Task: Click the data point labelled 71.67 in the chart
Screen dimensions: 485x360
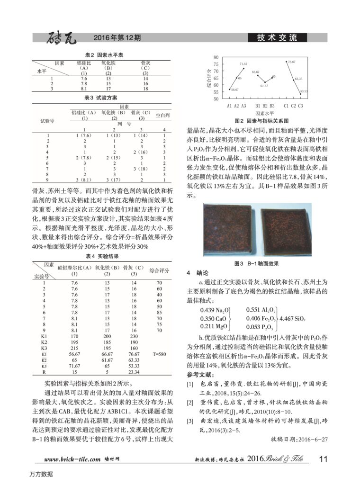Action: pos(243,68)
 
